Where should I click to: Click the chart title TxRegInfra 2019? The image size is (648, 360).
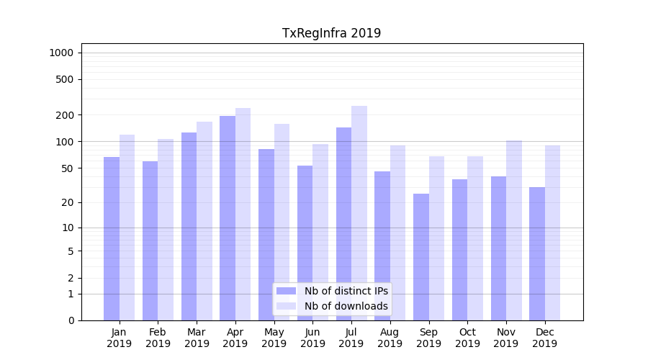tap(331, 33)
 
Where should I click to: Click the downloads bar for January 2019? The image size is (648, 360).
tap(127, 227)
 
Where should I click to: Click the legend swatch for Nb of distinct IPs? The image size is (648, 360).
tap(286, 291)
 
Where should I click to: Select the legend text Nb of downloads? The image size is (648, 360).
tap(346, 306)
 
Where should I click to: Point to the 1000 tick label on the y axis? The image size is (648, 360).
tap(61, 53)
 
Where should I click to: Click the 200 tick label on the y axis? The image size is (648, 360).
tap(65, 115)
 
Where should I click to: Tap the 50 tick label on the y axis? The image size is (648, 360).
tap(67, 168)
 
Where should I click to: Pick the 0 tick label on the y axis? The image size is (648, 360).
tap(71, 320)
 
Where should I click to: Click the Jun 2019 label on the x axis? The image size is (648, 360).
tap(312, 338)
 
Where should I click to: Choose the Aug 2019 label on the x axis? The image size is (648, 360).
tap(390, 338)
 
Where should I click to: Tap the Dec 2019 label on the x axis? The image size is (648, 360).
tap(544, 338)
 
